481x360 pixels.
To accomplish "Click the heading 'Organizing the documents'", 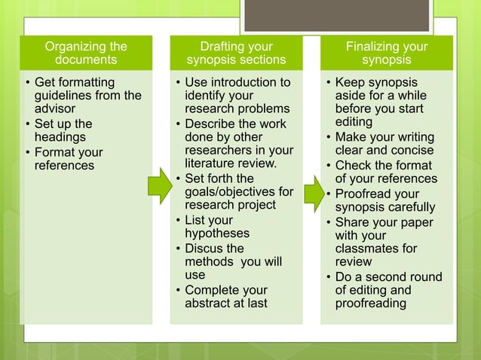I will coord(85,53).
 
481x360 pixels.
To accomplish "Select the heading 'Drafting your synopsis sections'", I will coord(236,53).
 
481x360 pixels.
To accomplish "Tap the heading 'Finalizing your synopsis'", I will coord(386,53).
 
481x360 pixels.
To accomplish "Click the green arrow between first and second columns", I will coord(160,185).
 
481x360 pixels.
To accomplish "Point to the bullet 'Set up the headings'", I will coord(63,130).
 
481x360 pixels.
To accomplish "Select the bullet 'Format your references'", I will coord(68,158).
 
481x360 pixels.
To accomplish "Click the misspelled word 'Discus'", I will coord(205,248).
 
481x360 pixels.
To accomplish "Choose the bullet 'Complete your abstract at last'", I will coord(226,297).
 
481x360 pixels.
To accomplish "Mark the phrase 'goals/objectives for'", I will coord(239,192).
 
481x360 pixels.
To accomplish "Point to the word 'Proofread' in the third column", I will coord(366,194).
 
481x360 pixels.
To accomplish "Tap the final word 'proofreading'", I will coord(371,304).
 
